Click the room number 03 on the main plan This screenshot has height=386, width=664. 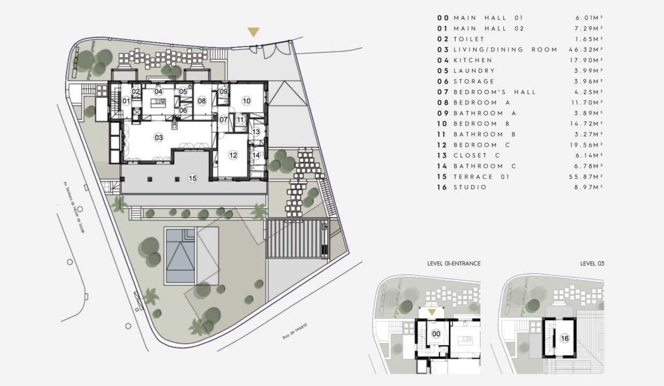point(159,138)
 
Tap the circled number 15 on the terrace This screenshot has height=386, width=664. point(193,179)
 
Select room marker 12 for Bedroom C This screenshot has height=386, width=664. point(233,155)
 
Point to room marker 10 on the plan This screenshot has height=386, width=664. point(246,101)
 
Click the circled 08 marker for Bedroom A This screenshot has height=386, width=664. point(201,101)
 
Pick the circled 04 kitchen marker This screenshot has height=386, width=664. point(159,92)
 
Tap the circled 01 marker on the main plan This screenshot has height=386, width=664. point(126,101)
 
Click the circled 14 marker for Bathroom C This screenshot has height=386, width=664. point(256,155)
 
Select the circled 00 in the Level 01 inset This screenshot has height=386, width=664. point(436,334)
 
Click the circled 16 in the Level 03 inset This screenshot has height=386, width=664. point(564,338)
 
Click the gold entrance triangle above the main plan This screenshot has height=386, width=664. point(254,33)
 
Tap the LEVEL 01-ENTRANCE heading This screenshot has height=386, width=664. point(454,264)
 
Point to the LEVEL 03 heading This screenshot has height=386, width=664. point(592,264)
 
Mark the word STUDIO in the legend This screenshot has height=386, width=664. point(470,188)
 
